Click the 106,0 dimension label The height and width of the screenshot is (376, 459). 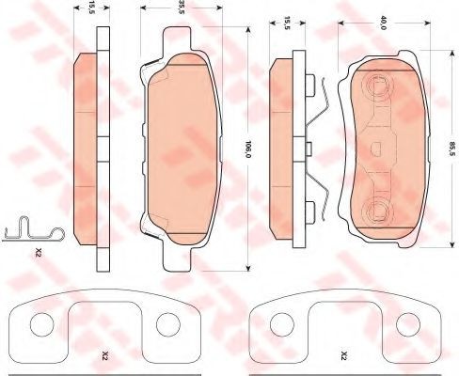point(248,149)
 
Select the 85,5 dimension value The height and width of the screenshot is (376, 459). point(451,149)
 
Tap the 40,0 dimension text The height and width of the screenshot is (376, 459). point(382,23)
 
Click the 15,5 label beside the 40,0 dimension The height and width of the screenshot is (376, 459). point(287,23)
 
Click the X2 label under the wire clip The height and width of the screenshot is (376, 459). point(39,252)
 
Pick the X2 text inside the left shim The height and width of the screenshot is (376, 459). point(105,355)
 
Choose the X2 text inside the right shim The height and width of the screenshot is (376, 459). point(343,355)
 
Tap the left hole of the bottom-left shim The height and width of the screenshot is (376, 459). point(41,324)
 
